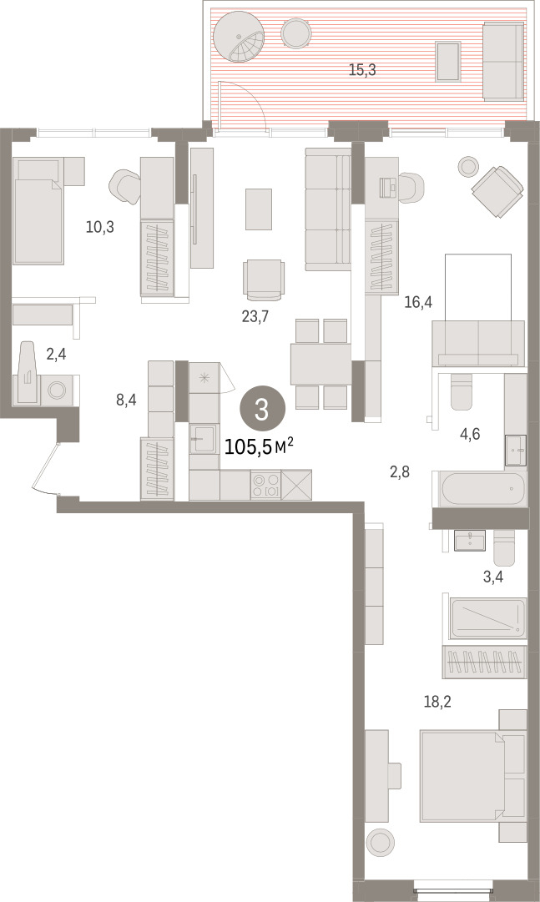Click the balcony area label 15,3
coord(362,71)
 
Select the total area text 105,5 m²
coord(259,446)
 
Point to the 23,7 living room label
coord(255,316)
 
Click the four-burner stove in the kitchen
coord(265,484)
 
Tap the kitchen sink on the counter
coord(204,439)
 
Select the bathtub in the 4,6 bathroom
coord(483,490)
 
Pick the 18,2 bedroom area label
coord(437,702)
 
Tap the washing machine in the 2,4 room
coord(57,391)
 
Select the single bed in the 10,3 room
coord(38,211)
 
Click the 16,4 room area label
coord(418,301)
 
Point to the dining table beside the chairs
coord(320,364)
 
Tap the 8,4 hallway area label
coord(126,400)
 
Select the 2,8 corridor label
coord(400,473)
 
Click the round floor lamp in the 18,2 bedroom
coord(380,843)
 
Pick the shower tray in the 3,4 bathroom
coord(488,619)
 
